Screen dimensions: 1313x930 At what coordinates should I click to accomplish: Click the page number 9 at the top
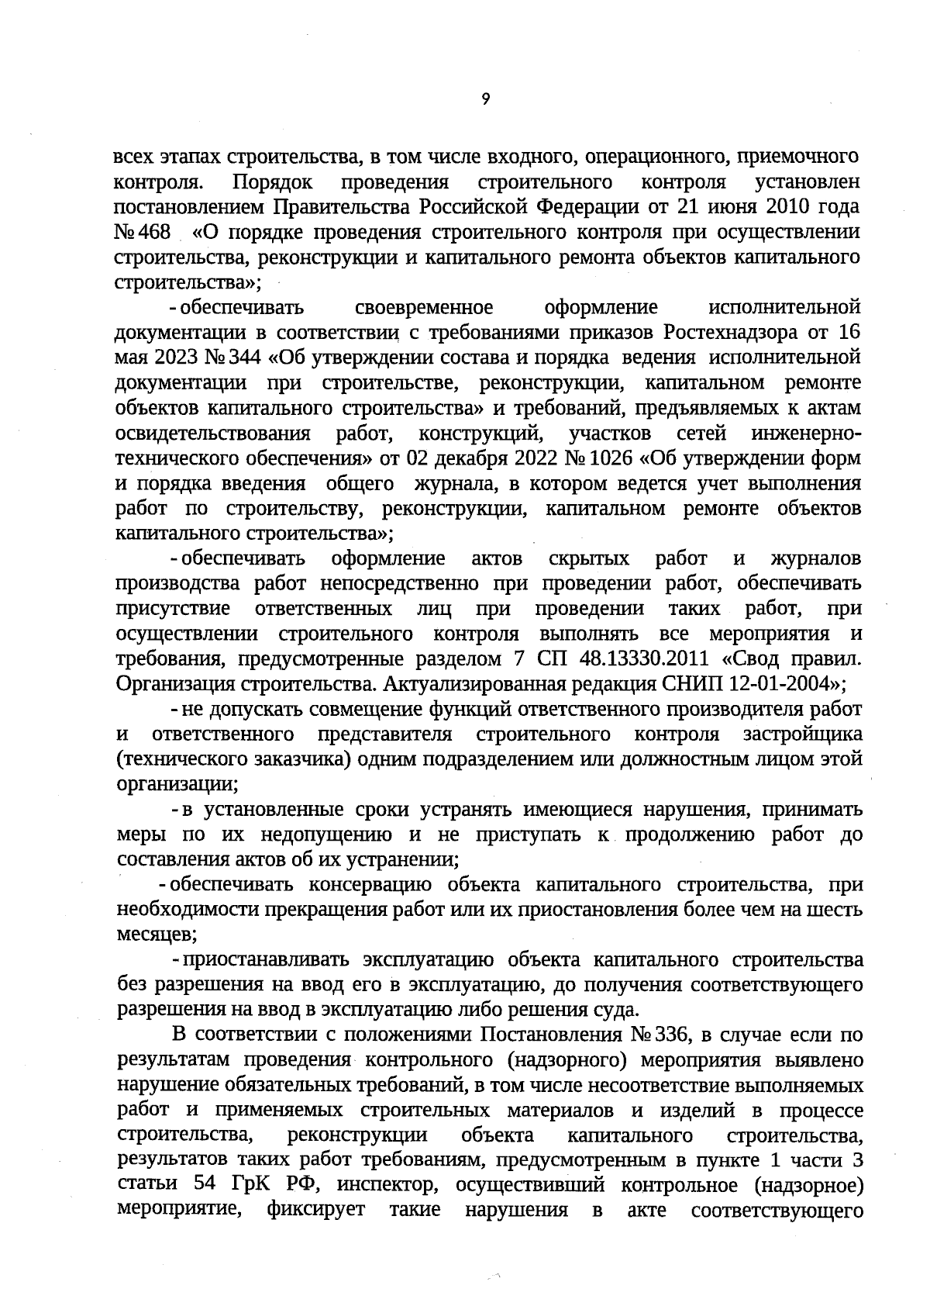tap(485, 99)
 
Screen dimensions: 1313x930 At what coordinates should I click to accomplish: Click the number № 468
tap(143, 232)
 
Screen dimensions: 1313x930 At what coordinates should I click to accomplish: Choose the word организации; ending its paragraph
tap(177, 784)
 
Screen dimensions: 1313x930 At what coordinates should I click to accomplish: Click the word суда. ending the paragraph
tap(618, 1010)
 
